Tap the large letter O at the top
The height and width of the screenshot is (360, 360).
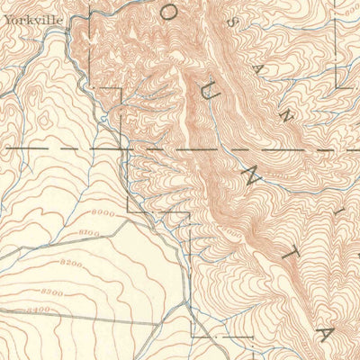coord(169,13)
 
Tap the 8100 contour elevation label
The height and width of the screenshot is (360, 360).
coord(89,233)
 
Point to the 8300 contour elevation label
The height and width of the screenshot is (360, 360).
coord(52,292)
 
